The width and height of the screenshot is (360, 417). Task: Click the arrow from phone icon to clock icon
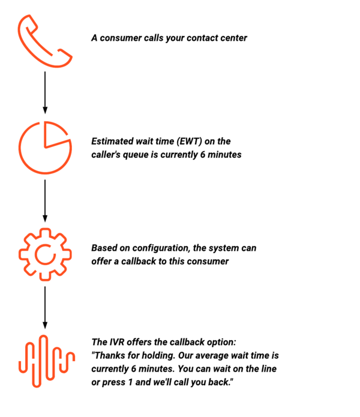[x=45, y=92]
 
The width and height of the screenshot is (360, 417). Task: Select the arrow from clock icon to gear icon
[x=45, y=201]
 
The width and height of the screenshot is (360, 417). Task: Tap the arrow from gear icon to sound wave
[x=45, y=308]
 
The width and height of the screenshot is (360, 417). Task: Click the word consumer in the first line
[x=121, y=38]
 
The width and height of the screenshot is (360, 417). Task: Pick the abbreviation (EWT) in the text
[x=190, y=141]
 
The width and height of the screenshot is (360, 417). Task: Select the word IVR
[x=116, y=342]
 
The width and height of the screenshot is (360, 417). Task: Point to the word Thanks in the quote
[x=109, y=356]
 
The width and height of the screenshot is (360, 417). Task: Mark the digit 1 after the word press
[x=130, y=382]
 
